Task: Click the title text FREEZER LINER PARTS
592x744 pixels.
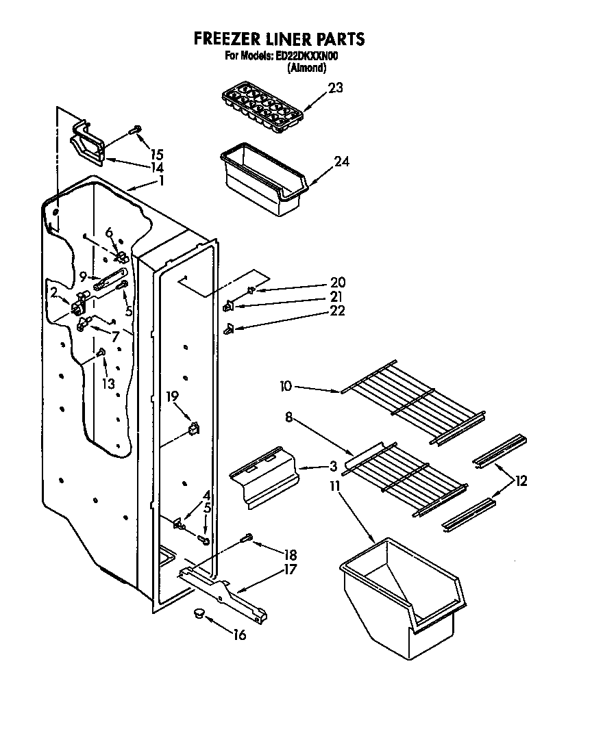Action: (279, 39)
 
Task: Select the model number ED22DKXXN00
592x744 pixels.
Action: (306, 57)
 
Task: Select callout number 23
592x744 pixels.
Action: (335, 88)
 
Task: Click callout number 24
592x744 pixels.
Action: (341, 162)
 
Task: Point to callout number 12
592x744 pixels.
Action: (521, 481)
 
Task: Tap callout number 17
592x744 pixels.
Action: (291, 569)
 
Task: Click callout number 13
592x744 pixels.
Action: (108, 383)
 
